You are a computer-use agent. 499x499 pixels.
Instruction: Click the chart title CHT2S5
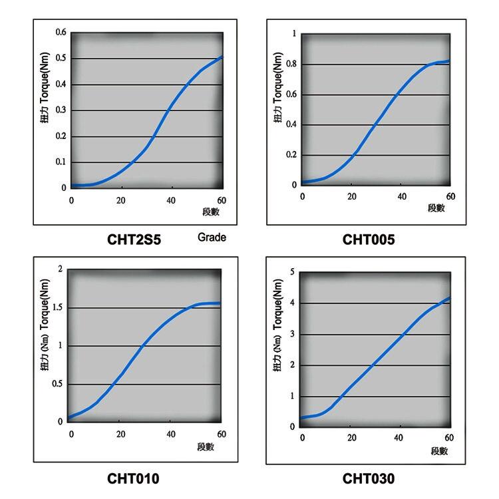pos(134,239)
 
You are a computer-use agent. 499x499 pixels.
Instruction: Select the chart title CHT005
pos(369,239)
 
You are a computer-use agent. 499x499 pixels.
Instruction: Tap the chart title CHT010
pos(133,478)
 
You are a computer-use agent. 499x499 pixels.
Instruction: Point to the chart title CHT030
pos(369,478)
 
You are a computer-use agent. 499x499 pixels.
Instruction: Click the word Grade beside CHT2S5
pos(212,238)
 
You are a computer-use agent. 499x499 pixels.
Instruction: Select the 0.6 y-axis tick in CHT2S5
pos(61,33)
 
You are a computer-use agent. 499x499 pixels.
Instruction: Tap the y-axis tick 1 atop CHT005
pos(294,33)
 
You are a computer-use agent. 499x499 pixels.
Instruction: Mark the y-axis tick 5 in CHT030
pos(293,271)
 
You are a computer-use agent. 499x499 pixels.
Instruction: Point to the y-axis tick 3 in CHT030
pos(293,334)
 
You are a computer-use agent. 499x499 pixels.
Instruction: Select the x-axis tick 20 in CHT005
pos(352,197)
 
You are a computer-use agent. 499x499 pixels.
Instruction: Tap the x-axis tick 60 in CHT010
pos(221,434)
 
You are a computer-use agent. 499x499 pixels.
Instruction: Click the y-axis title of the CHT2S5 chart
pos(46,110)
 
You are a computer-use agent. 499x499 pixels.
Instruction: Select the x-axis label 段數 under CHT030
pos(439,450)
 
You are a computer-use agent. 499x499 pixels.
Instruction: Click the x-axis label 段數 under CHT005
pos(436,208)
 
